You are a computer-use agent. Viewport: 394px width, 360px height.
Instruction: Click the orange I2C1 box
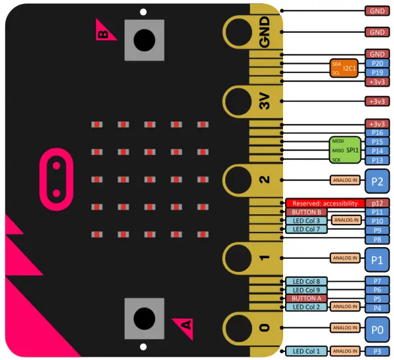343,68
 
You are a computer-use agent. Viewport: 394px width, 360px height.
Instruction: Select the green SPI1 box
345,150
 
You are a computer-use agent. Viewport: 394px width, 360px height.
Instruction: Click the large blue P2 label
377,179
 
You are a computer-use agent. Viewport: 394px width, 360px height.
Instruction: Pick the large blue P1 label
377,259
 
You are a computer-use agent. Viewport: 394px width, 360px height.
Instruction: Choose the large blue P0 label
377,328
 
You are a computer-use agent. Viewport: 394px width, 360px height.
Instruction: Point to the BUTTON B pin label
305,212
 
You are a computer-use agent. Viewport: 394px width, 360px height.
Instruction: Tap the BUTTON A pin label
305,298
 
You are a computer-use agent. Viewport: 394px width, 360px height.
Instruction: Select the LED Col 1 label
305,351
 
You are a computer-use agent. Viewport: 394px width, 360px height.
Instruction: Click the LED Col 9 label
305,290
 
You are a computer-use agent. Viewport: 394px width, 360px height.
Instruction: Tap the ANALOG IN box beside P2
345,179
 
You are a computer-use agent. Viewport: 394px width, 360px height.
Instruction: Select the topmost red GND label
377,11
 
